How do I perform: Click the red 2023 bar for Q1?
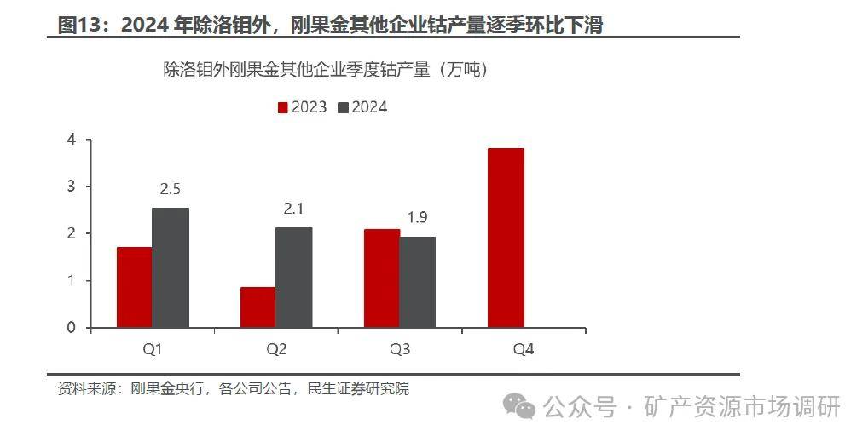(x=135, y=287)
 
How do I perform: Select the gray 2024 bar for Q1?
(x=171, y=267)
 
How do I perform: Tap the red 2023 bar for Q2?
(x=258, y=307)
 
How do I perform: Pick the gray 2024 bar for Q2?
(x=294, y=277)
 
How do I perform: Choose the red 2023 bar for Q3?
(x=382, y=278)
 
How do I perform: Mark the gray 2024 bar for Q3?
(x=418, y=282)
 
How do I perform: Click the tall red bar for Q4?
(x=506, y=238)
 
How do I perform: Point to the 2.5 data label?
(x=171, y=189)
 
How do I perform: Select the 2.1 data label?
(x=294, y=209)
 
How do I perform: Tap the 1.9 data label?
(x=417, y=218)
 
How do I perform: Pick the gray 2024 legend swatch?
(x=344, y=107)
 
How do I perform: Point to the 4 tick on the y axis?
(x=72, y=140)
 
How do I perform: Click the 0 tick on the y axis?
(x=72, y=328)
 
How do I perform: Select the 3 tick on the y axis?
(x=72, y=187)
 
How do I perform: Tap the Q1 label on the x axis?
(x=153, y=349)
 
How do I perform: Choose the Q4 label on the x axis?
(x=524, y=349)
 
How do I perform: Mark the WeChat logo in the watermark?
(x=519, y=406)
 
